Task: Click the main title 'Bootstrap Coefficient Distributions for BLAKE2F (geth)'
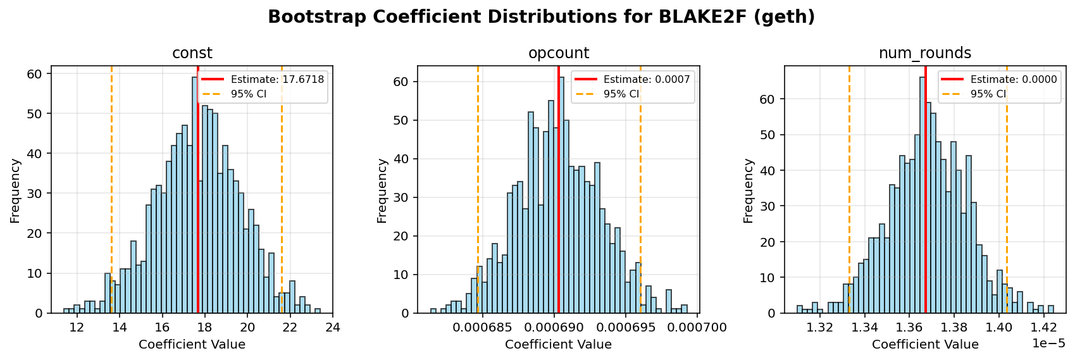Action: coord(541,17)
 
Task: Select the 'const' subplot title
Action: coord(192,54)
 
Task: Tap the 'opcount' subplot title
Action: coord(558,54)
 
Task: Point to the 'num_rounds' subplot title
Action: coord(924,54)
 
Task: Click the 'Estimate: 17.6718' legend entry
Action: coord(277,80)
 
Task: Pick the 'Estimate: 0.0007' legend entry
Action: coord(646,80)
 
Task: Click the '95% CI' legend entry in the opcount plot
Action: coord(621,94)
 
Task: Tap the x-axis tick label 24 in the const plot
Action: coord(332,328)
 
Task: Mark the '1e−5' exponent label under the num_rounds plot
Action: coord(1048,344)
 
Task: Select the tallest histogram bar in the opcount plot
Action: coord(561,196)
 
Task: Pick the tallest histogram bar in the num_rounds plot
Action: coord(923,196)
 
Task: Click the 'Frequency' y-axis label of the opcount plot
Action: coord(382,190)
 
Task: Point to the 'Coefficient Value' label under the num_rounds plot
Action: coord(924,345)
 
